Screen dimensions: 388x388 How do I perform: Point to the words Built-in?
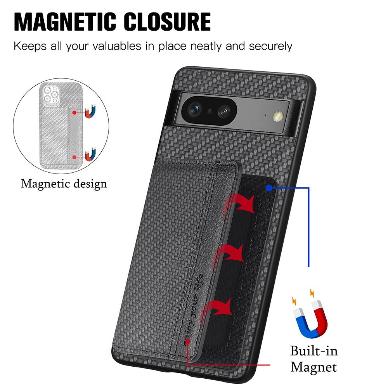(314, 351)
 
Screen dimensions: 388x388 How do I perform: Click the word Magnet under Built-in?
(314, 367)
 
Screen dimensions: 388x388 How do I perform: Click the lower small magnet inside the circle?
(90, 155)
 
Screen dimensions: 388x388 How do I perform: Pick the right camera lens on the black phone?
(225, 112)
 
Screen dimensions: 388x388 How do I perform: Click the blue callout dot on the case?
(269, 188)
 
